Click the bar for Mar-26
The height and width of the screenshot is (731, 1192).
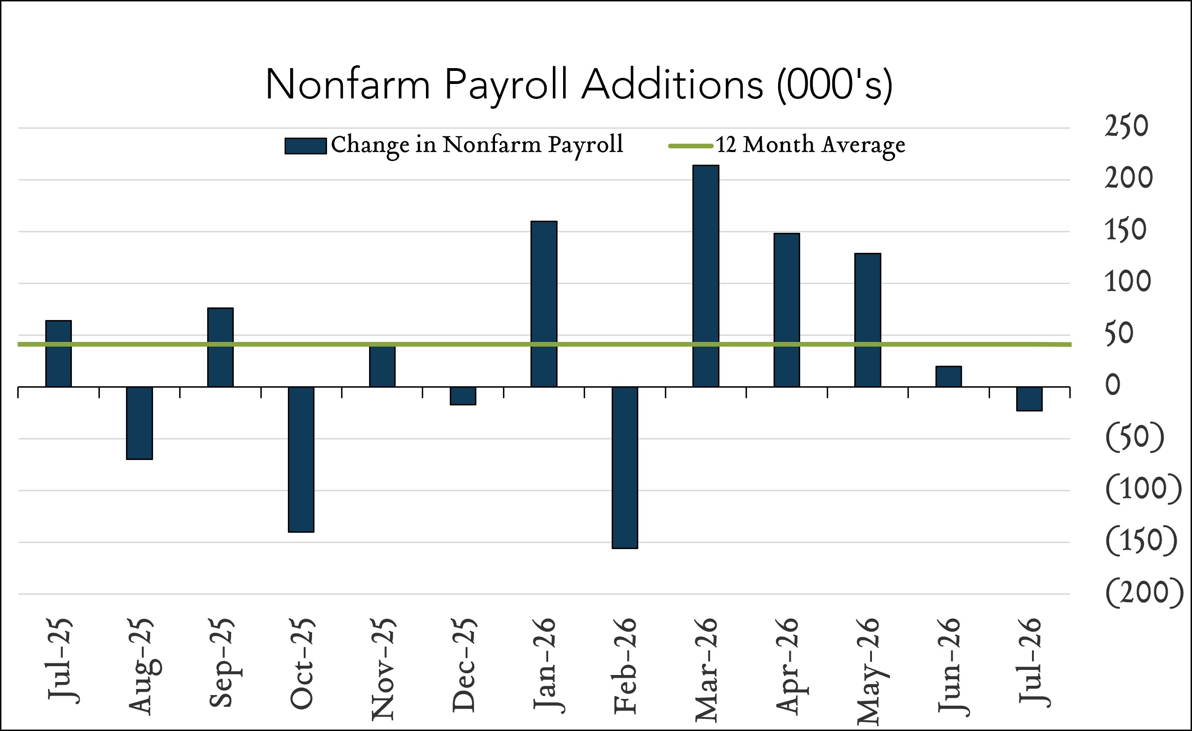click(x=706, y=276)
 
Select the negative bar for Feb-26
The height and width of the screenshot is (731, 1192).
click(x=625, y=467)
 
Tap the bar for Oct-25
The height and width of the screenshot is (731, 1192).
click(x=301, y=459)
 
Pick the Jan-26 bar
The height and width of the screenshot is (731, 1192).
click(x=544, y=304)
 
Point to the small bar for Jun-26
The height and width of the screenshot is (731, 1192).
click(x=948, y=376)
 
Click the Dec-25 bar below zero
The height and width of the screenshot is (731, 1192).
click(x=463, y=396)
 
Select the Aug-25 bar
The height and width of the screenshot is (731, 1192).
click(x=139, y=423)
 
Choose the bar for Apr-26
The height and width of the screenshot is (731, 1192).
click(x=787, y=310)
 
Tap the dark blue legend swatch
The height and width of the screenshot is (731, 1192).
click(x=305, y=146)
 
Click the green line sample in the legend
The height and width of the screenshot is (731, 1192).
click(x=690, y=146)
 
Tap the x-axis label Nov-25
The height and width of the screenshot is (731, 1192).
click(x=383, y=669)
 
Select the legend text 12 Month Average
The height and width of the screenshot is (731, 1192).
click(x=810, y=145)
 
